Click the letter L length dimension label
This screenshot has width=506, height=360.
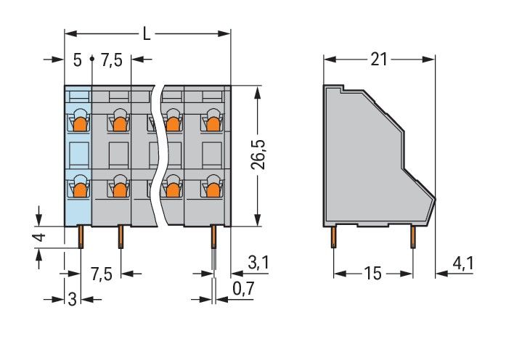pyautogui.click(x=147, y=33)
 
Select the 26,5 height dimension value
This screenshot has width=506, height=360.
pyautogui.click(x=258, y=155)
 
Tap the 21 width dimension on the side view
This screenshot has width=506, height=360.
pyautogui.click(x=378, y=60)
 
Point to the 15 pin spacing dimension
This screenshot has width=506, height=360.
pyautogui.click(x=373, y=274)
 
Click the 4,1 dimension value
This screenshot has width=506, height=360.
pyautogui.click(x=463, y=264)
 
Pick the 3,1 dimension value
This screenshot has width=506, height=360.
pyautogui.click(x=258, y=263)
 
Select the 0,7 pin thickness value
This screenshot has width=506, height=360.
pyautogui.click(x=244, y=288)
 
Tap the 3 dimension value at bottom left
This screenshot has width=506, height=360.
pyautogui.click(x=73, y=299)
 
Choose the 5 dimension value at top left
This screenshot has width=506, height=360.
pyautogui.click(x=77, y=60)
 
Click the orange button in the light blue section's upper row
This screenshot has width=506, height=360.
pyautogui.click(x=80, y=124)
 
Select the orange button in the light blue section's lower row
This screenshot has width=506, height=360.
pyautogui.click(x=80, y=189)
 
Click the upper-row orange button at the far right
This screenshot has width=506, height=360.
pyautogui.click(x=213, y=124)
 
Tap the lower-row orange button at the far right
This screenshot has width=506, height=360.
pyautogui.click(x=213, y=189)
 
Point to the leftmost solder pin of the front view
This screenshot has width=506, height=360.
pyautogui.click(x=81, y=237)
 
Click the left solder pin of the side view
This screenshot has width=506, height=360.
pyautogui.click(x=334, y=237)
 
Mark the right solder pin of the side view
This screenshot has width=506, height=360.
pyautogui.click(x=413, y=237)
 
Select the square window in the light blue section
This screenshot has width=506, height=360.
pyautogui.click(x=79, y=155)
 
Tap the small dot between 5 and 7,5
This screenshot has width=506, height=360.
pyautogui.click(x=92, y=59)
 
